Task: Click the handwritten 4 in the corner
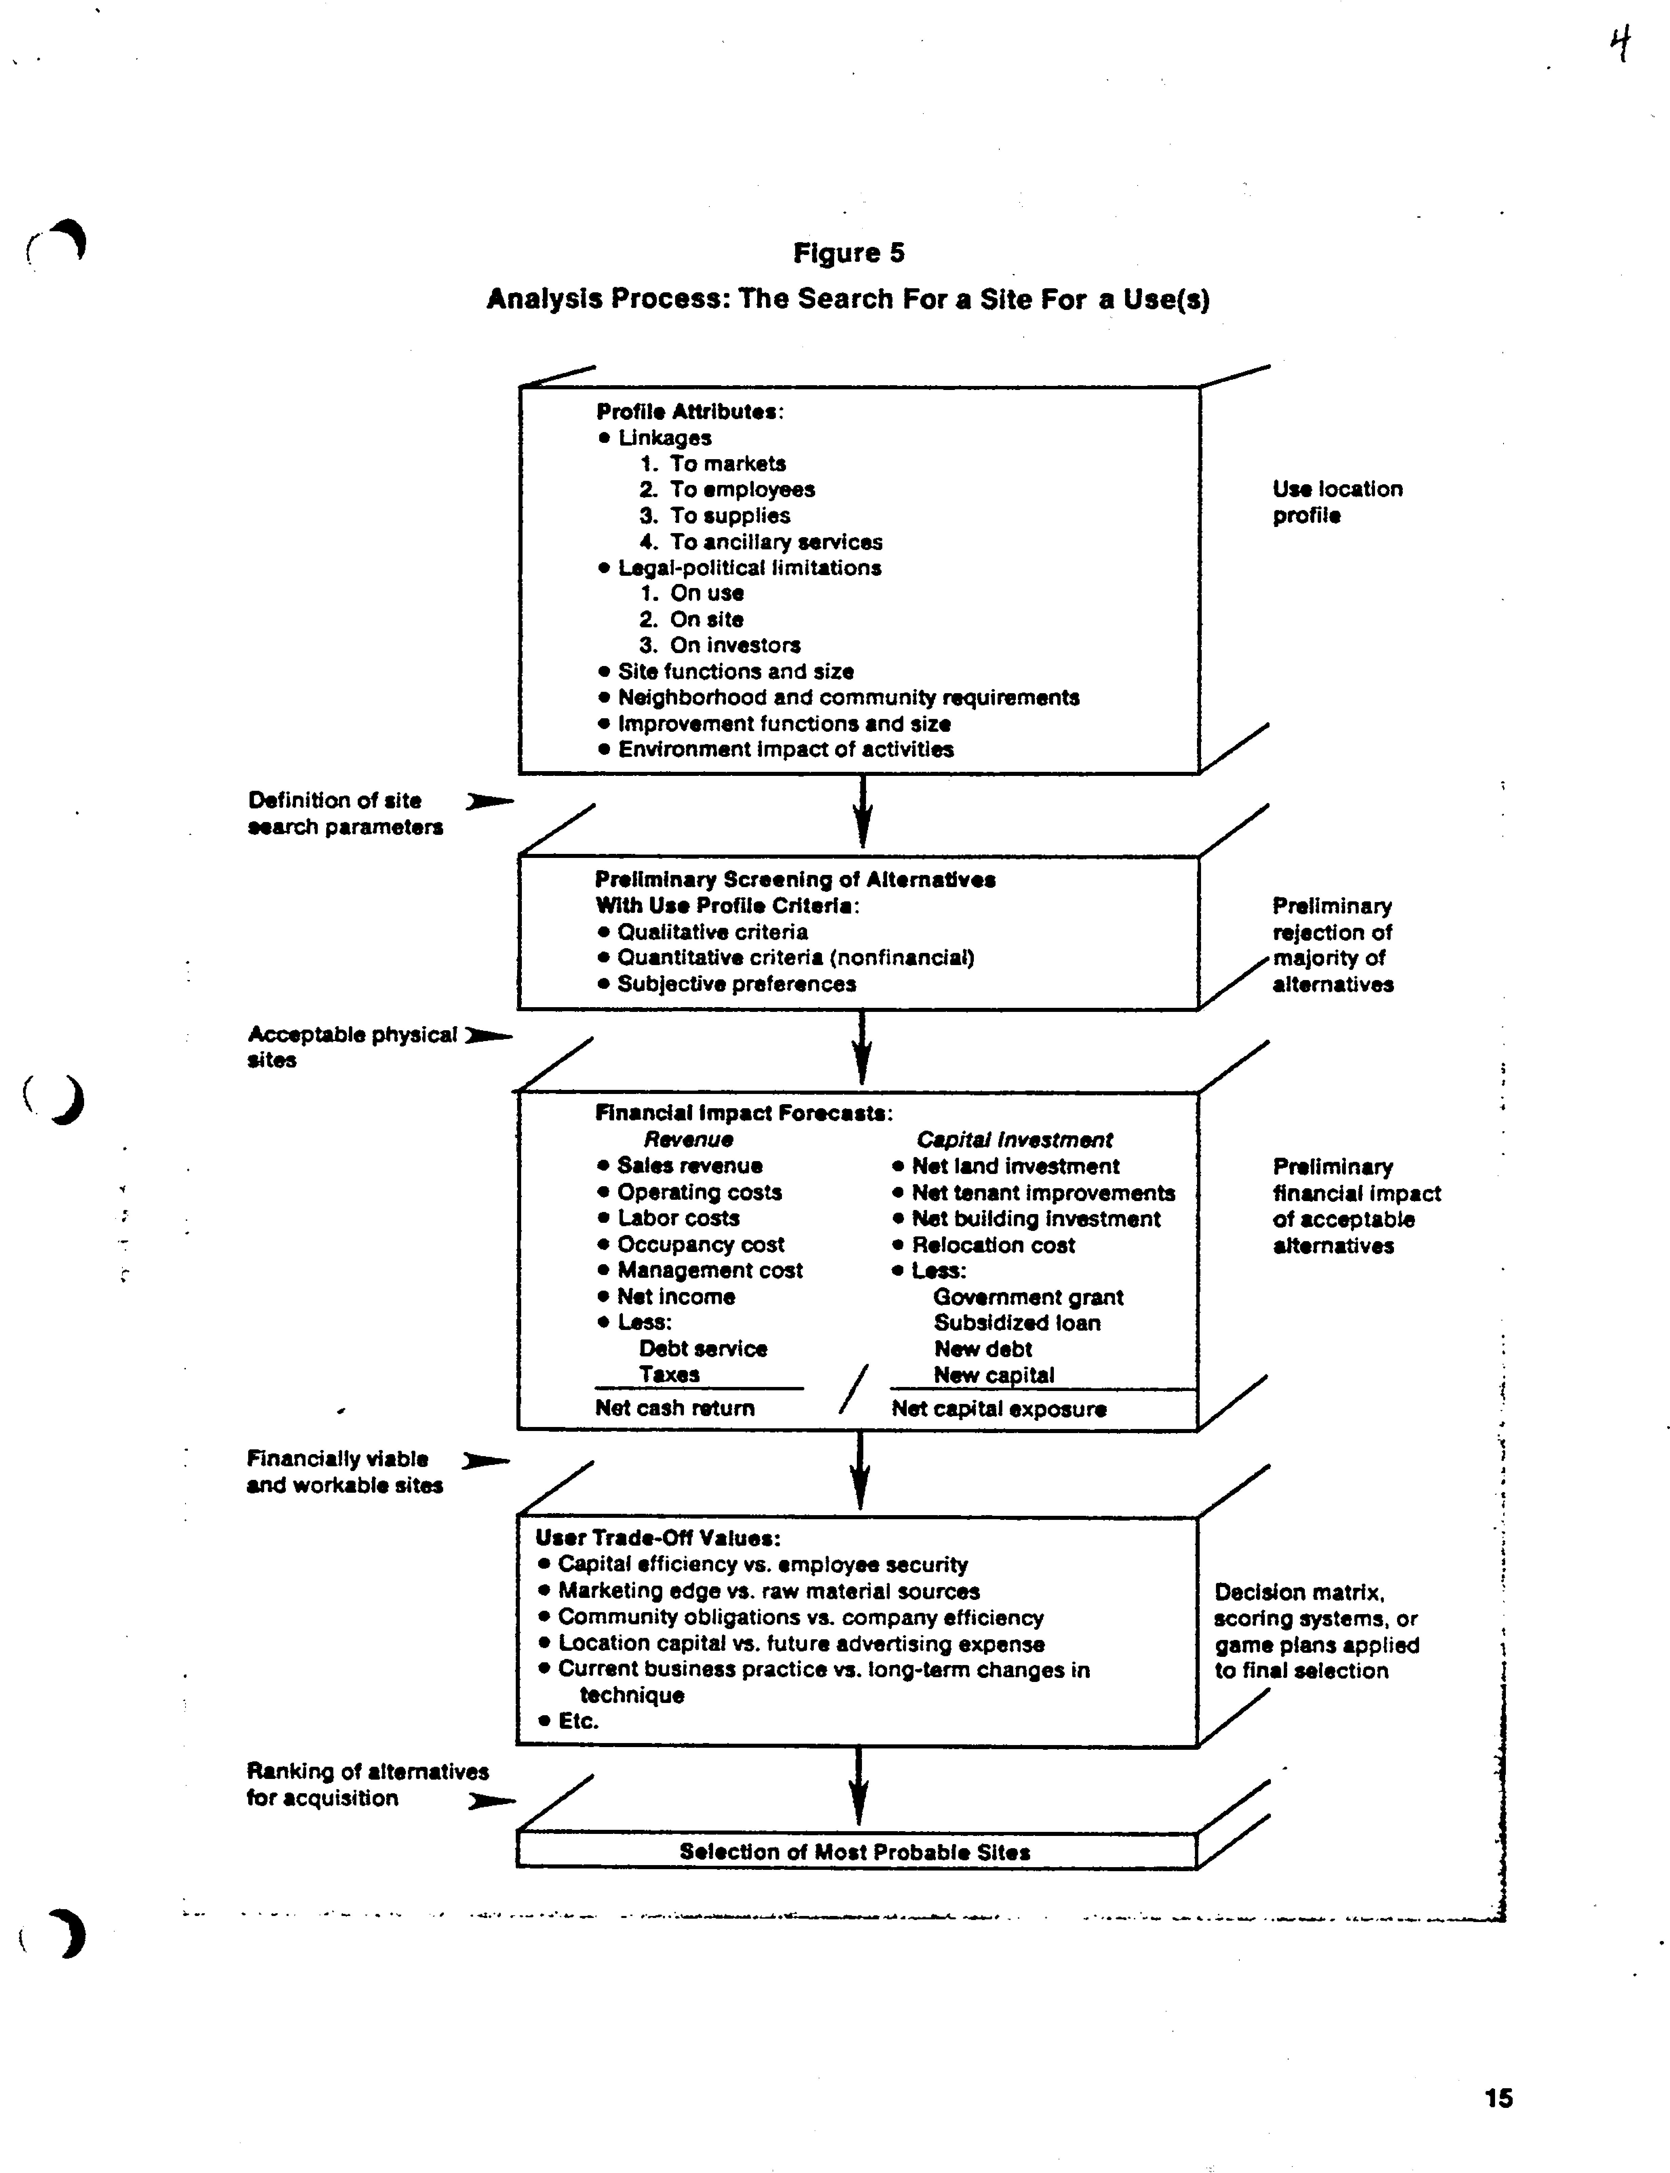pyautogui.click(x=1620, y=45)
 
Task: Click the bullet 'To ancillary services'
pyautogui.click(x=775, y=542)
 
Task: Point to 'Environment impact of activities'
pyautogui.click(x=785, y=749)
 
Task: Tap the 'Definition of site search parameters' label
pyautogui.click(x=344, y=813)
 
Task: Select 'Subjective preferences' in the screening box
pyautogui.click(x=735, y=984)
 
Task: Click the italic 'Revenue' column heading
pyautogui.click(x=688, y=1139)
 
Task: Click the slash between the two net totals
pyautogui.click(x=853, y=1389)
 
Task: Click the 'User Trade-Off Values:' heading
pyautogui.click(x=657, y=1538)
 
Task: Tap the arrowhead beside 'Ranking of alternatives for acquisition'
pyautogui.click(x=491, y=1800)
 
